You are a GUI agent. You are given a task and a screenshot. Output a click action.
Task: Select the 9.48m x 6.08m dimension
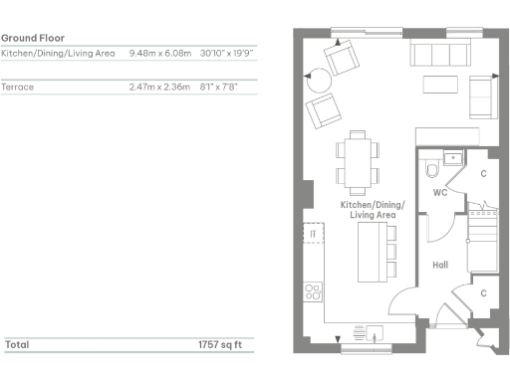(x=160, y=53)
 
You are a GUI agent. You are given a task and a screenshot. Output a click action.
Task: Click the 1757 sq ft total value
(x=219, y=344)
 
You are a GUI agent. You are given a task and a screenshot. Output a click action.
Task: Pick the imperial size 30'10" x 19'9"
(x=228, y=53)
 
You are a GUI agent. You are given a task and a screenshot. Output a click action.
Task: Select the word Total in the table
(x=17, y=344)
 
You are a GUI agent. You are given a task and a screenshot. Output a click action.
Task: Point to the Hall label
(x=439, y=266)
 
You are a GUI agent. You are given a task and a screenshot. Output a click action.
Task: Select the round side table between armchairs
(x=318, y=80)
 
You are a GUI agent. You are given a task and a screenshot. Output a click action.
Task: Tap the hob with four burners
(x=313, y=291)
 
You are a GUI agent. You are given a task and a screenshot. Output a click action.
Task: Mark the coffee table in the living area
(x=438, y=81)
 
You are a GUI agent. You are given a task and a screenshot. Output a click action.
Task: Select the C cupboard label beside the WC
(x=482, y=174)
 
